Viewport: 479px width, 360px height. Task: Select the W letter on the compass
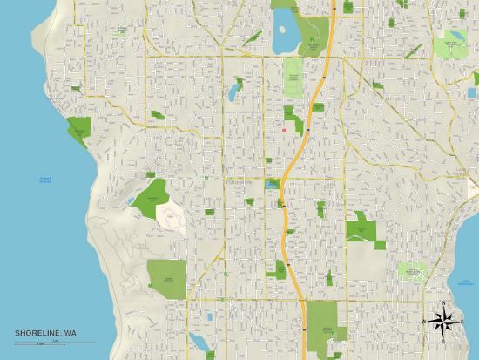click(x=425, y=321)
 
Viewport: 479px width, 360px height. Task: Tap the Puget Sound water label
click(x=45, y=181)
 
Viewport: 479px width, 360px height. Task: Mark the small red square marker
click(x=283, y=132)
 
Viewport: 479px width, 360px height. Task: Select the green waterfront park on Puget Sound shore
click(x=79, y=132)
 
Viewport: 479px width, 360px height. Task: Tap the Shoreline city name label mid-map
click(x=236, y=183)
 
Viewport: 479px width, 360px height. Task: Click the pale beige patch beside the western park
click(x=172, y=214)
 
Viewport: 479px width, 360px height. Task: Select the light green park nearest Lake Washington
click(x=411, y=271)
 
